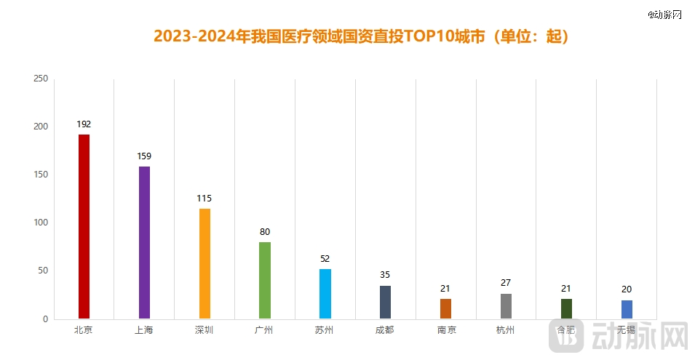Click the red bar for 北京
point(84,226)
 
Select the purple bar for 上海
point(144,242)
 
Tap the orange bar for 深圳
point(204,263)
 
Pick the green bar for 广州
point(265,280)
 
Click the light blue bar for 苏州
point(325,294)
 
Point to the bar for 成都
point(386,302)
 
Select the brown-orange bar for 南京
point(445,308)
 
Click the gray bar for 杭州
point(506,306)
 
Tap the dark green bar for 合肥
point(566,308)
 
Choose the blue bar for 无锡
point(627,309)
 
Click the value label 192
point(84,124)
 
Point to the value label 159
point(144,156)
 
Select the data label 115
point(204,198)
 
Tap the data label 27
point(506,282)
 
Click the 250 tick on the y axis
point(41,79)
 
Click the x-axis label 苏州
point(325,330)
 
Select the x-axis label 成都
point(386,330)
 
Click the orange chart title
point(361,36)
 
